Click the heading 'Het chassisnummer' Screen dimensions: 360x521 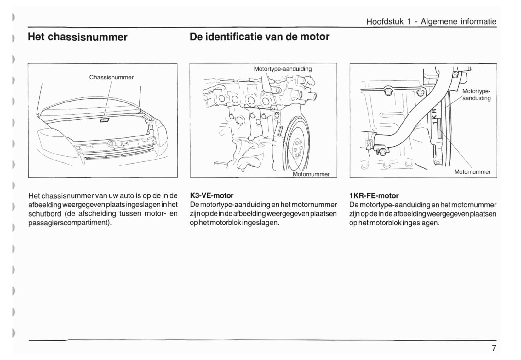(x=77, y=37)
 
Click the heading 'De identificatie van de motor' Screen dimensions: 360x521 (x=259, y=37)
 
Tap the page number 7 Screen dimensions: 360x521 (x=494, y=348)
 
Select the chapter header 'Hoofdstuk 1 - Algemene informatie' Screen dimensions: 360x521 (x=431, y=21)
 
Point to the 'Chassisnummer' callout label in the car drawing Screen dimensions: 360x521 (x=111, y=77)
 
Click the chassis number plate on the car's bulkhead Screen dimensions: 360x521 (x=105, y=120)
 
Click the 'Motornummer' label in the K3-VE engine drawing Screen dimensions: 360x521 (x=311, y=174)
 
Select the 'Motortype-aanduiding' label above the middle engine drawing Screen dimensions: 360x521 (x=283, y=69)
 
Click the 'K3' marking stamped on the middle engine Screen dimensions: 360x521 (x=277, y=115)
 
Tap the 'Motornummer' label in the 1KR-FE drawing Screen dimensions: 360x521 (x=472, y=172)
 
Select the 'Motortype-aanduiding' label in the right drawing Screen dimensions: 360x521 (x=476, y=95)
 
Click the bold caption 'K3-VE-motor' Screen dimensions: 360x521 (x=212, y=195)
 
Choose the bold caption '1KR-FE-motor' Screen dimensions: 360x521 (x=374, y=196)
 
